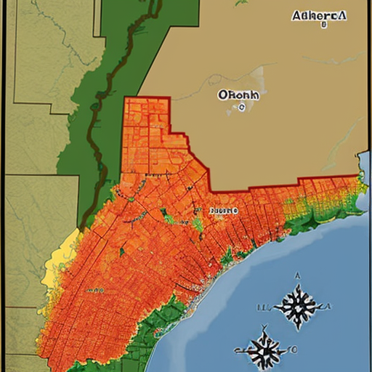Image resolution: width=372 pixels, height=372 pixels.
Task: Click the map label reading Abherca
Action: [320, 15]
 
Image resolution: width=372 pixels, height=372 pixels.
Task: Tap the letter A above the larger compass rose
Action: [297, 276]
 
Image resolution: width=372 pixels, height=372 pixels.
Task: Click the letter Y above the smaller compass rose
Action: [264, 326]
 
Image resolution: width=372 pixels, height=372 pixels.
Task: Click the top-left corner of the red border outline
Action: [125, 98]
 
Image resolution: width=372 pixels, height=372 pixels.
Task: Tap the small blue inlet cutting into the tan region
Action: [361, 155]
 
